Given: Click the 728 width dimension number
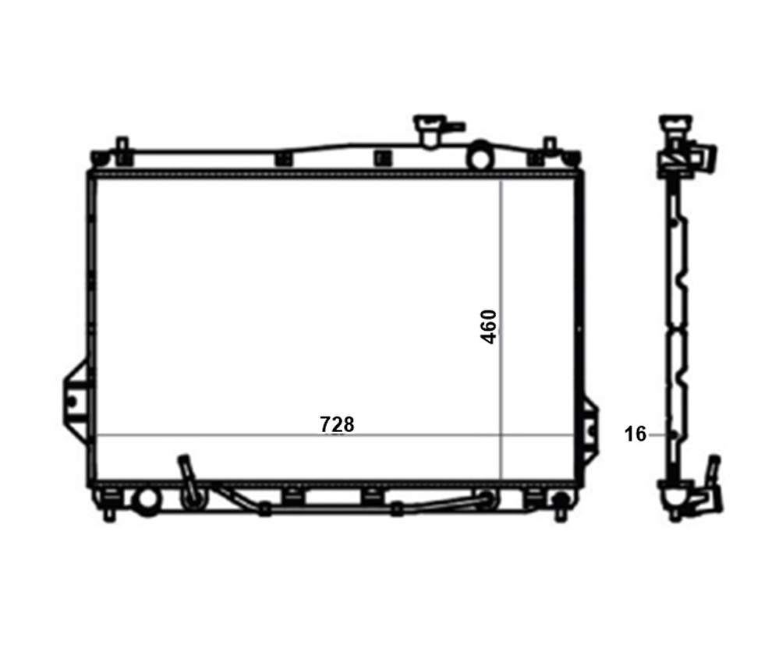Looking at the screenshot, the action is click(x=337, y=424).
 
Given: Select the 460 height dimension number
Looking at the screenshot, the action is click(x=488, y=327).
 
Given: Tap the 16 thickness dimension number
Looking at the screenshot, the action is click(x=636, y=434).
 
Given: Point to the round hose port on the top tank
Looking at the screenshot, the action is click(x=480, y=154).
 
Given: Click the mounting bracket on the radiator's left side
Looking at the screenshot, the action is click(x=76, y=400).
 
